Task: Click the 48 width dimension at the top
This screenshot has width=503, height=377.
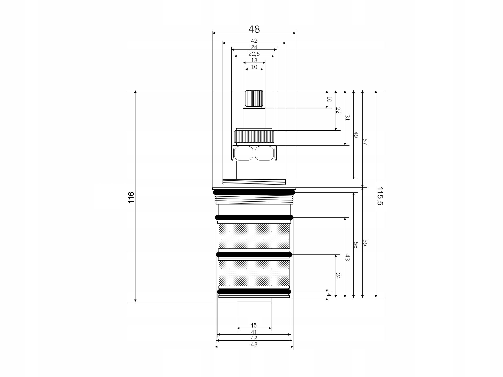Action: coord(254,29)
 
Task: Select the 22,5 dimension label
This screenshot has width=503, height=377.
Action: coord(254,54)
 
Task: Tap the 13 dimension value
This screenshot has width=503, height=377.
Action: coord(254,60)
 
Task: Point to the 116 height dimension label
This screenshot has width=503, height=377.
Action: coord(131,197)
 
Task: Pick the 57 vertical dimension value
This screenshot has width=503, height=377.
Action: coord(365,142)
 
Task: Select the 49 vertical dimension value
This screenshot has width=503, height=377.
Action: coord(356,135)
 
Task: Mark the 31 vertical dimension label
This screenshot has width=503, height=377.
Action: coord(347,118)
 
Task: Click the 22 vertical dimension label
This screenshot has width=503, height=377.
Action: coord(338,110)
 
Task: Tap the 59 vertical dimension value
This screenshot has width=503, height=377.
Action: coord(365,243)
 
